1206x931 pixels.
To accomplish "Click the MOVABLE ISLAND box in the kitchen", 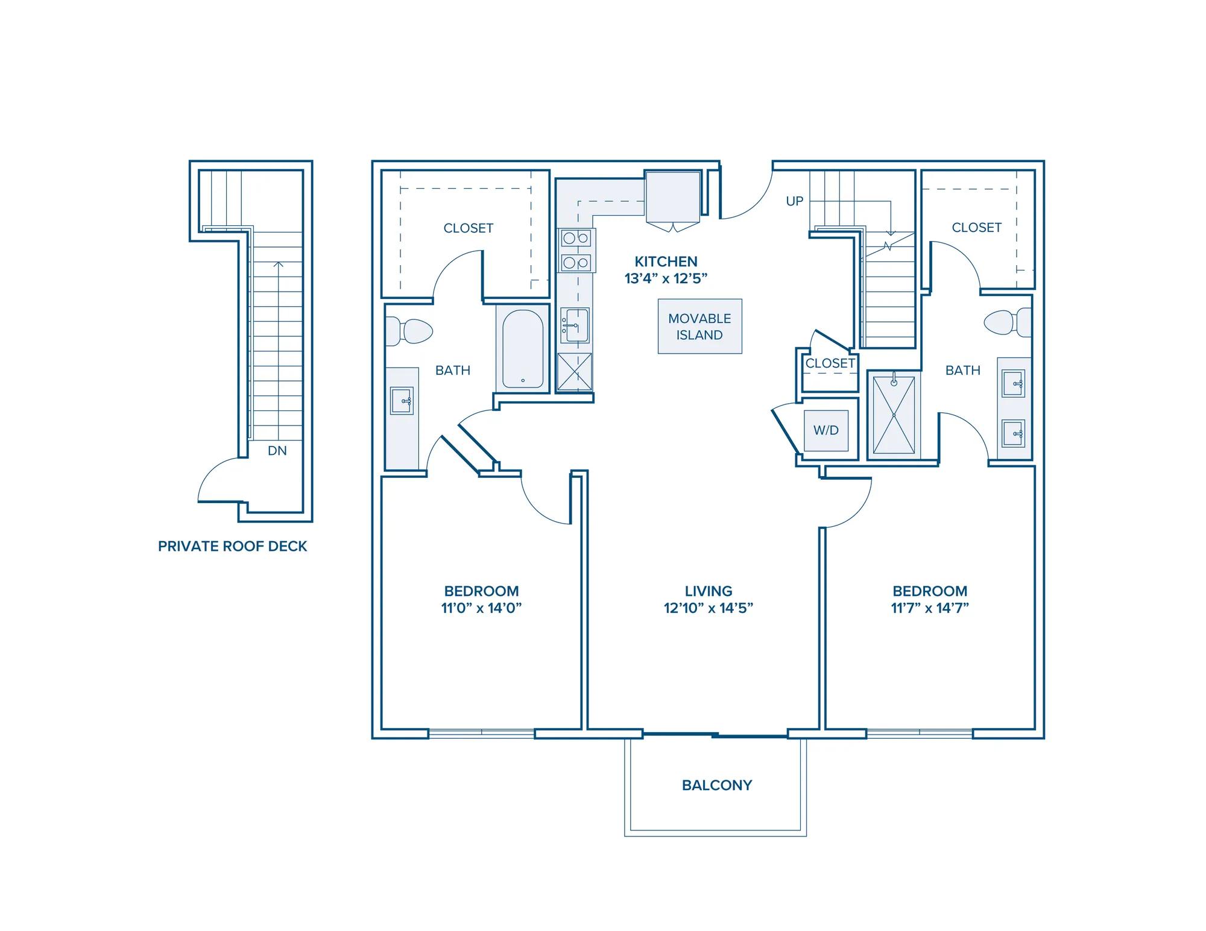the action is coord(699,326).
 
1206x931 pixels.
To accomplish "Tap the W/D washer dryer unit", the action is coord(826,430).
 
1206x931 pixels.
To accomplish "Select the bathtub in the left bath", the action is coord(523,349).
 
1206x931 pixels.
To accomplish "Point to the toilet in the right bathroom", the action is coord(1008,322).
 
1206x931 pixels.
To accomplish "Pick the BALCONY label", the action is coord(717,785).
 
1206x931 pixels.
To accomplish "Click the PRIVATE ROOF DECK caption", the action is coord(233,546).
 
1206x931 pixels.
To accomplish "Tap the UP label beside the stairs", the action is coord(795,201).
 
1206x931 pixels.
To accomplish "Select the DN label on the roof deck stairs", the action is coord(277,450).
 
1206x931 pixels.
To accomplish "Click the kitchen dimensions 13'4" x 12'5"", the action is coord(666,278).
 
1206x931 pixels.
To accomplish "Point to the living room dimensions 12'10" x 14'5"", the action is coord(709,608).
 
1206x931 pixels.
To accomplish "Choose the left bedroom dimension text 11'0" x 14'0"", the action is coord(481,608).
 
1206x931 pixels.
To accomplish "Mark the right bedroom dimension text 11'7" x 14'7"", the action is coord(930,608).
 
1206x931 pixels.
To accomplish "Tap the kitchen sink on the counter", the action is coord(575,325).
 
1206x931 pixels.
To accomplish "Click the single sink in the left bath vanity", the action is coord(402,400).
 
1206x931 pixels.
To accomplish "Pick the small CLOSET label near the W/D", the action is coord(830,363).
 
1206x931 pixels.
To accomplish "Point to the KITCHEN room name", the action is coord(666,262).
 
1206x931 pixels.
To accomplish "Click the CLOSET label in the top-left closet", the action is coord(469,228).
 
